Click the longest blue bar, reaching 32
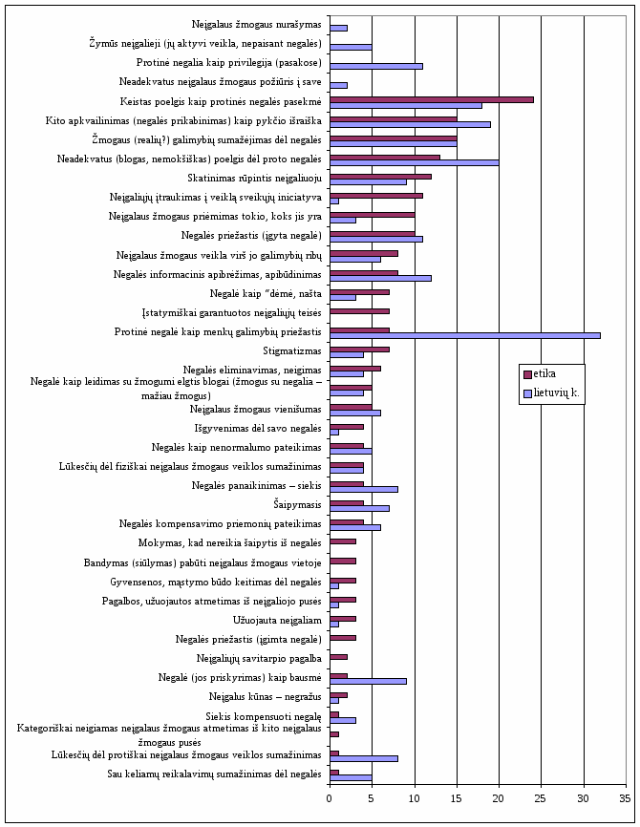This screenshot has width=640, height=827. (465, 335)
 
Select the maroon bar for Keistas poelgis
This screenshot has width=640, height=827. (432, 99)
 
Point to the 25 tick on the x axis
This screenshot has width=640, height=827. (542, 799)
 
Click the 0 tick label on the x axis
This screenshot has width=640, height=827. (330, 799)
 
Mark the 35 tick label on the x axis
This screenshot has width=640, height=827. (626, 799)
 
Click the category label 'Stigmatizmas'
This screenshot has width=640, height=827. (291, 351)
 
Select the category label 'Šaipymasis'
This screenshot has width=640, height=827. (297, 505)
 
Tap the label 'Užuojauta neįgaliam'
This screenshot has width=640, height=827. (277, 621)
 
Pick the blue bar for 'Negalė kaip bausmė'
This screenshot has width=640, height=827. (368, 681)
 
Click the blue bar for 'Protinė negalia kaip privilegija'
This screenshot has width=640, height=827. (376, 66)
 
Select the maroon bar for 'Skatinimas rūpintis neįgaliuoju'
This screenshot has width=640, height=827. (380, 177)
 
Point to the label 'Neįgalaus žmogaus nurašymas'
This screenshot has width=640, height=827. (256, 25)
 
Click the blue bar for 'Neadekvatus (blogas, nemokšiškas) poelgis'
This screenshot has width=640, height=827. (415, 163)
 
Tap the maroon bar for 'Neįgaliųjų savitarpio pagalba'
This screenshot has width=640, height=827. (338, 657)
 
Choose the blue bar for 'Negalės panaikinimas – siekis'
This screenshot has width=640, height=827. (364, 489)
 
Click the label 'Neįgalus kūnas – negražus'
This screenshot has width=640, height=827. (265, 697)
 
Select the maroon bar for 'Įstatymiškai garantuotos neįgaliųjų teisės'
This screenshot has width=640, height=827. (359, 311)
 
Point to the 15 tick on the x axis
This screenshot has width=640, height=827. (457, 799)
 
